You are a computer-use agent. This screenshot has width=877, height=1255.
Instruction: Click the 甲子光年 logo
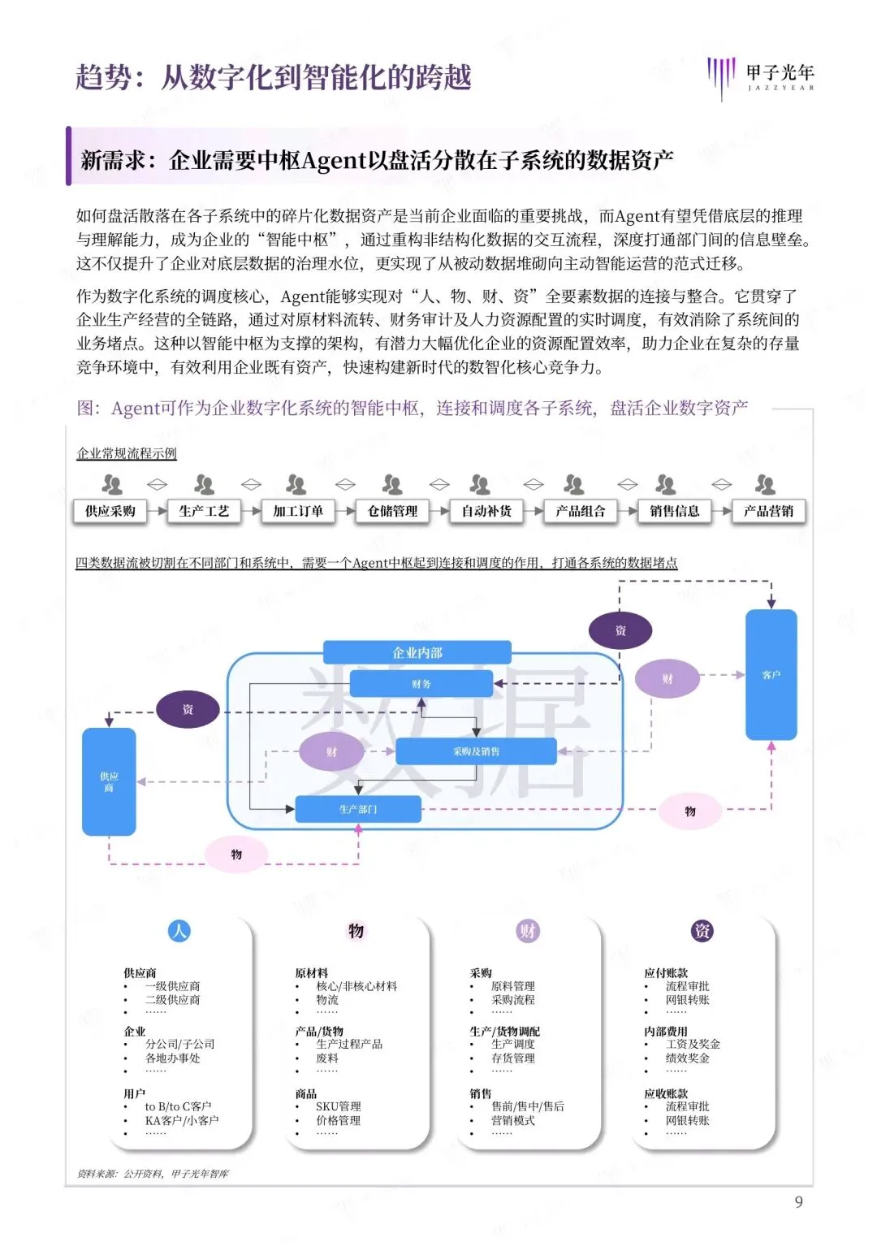[760, 78]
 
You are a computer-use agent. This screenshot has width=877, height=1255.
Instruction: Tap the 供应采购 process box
[110, 511]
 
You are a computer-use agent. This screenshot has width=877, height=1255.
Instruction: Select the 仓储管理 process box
[392, 511]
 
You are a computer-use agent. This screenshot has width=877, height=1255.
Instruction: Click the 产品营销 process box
[768, 511]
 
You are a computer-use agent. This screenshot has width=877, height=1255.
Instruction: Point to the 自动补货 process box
[486, 511]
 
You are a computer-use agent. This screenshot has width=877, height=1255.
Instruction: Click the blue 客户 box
[771, 675]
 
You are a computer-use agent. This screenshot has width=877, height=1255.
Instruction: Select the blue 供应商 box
[109, 781]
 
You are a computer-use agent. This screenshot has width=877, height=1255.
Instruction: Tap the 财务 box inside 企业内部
[421, 684]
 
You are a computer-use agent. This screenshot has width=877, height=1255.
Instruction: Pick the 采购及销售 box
[476, 751]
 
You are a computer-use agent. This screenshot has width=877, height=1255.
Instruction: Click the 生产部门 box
[358, 809]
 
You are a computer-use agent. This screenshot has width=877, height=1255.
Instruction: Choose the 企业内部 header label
[417, 652]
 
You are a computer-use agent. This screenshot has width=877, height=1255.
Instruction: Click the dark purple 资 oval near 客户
[620, 630]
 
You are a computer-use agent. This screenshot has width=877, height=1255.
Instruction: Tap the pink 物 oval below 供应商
[236, 855]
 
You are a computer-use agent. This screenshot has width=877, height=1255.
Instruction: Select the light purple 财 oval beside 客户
[667, 679]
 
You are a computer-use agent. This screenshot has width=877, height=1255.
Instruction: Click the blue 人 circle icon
[179, 931]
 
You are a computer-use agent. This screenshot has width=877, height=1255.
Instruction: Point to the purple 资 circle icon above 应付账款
[702, 931]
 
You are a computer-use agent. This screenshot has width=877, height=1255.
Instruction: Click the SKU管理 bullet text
[339, 1106]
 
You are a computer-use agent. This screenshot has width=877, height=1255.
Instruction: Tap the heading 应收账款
[666, 1093]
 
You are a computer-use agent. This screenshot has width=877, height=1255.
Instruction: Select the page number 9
[798, 1201]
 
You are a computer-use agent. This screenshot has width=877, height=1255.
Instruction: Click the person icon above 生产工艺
[204, 485]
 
